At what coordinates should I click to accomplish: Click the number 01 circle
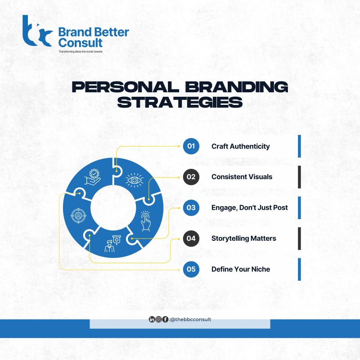point(191,146)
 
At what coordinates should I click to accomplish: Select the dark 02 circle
point(191,177)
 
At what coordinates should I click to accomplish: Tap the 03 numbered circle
point(191,208)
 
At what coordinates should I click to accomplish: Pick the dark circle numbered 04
point(191,238)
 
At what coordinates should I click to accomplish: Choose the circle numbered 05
point(191,270)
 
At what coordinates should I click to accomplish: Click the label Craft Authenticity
point(240,146)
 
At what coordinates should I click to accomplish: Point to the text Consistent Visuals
point(242,177)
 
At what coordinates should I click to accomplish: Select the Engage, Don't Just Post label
point(250,208)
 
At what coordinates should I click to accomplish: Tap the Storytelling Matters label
point(243,238)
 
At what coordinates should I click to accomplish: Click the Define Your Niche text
point(241,270)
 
